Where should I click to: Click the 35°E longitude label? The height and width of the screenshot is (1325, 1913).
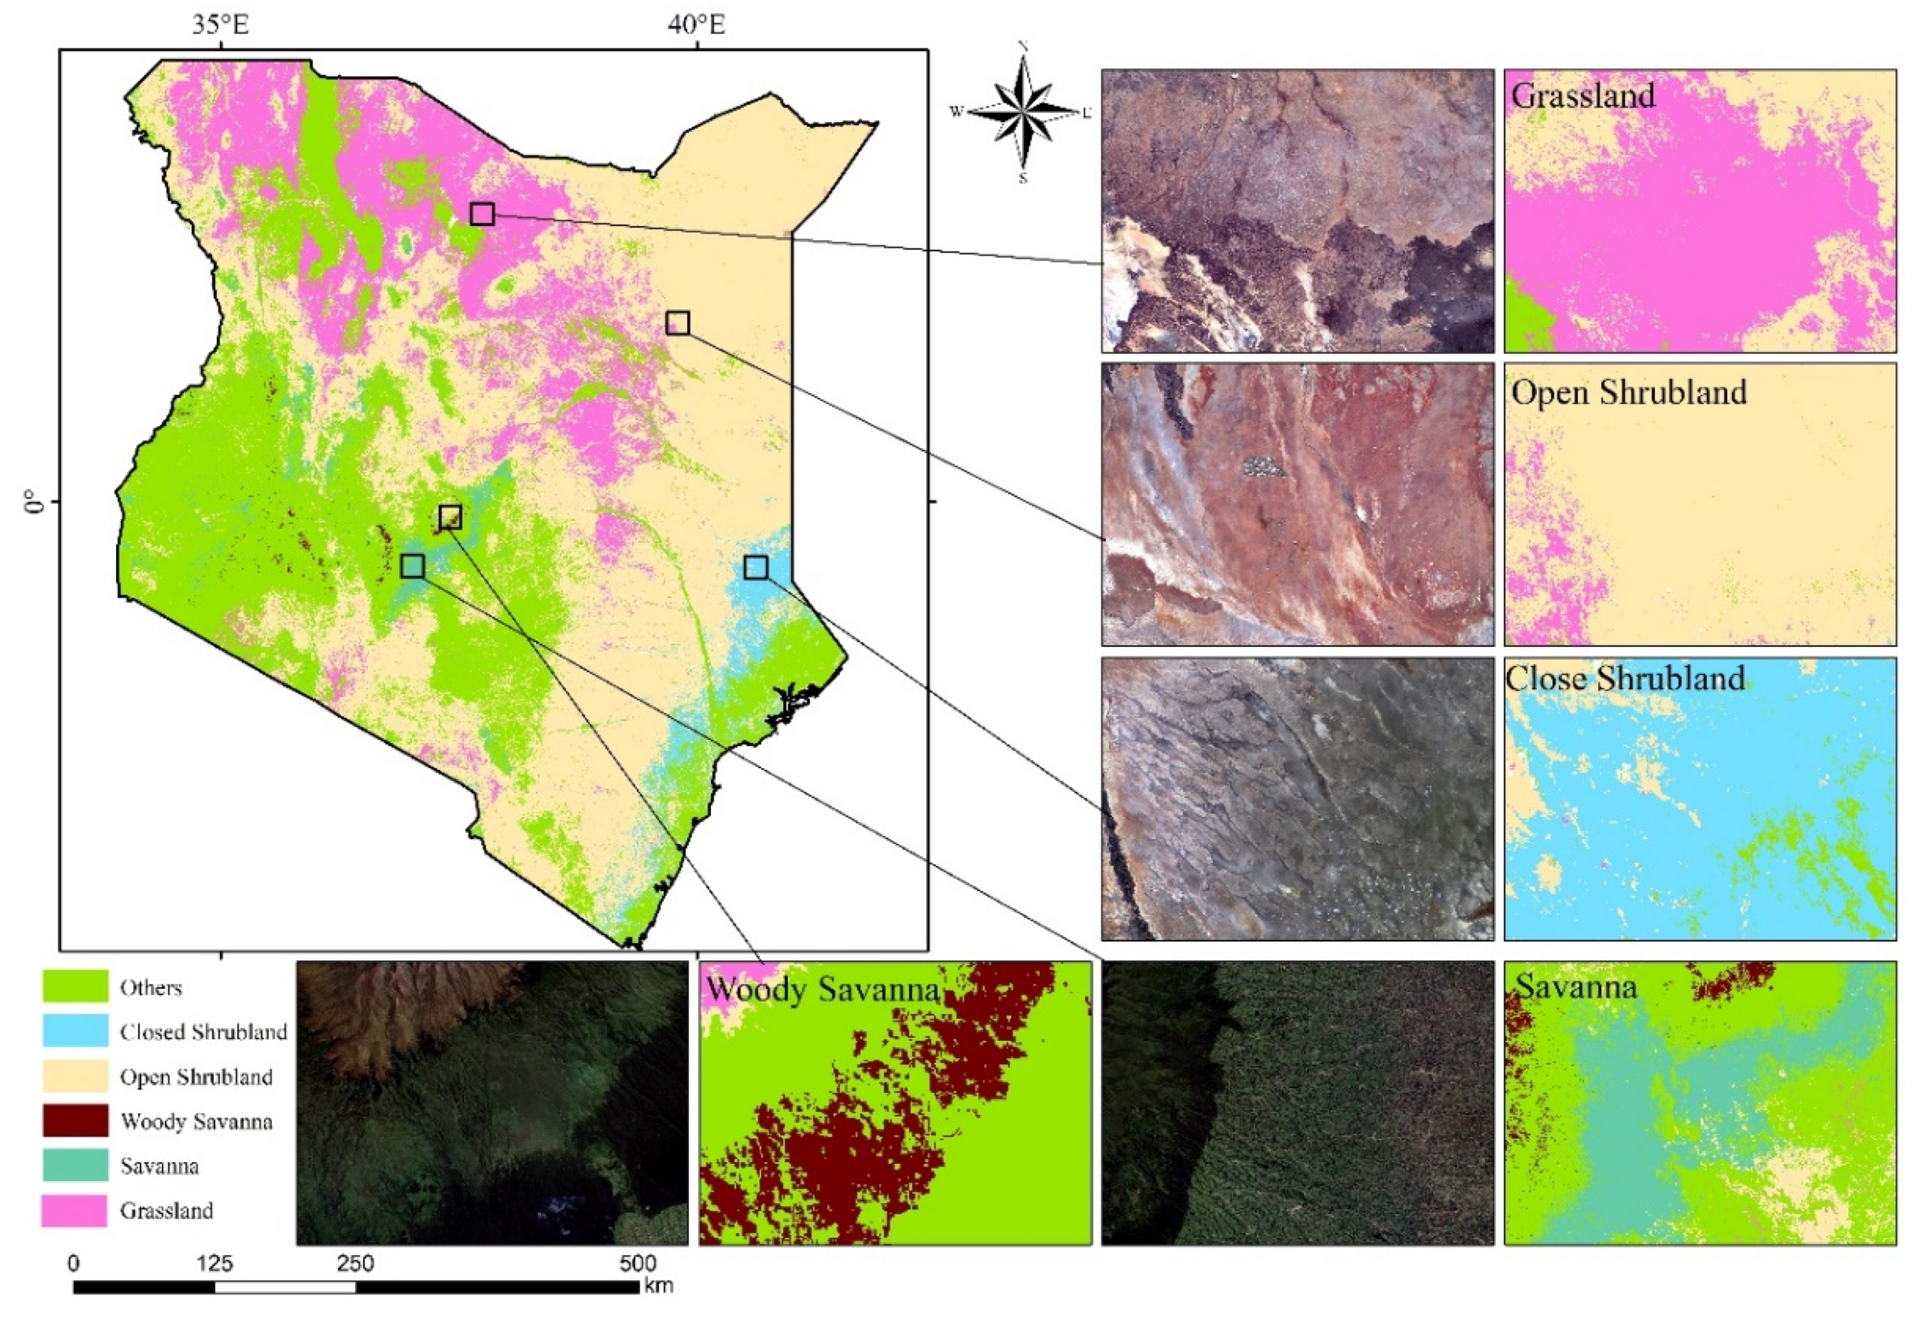221,24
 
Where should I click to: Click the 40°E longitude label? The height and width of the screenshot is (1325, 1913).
696,24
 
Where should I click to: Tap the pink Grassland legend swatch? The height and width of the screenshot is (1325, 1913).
74,1210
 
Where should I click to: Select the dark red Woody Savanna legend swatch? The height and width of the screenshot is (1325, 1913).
74,1121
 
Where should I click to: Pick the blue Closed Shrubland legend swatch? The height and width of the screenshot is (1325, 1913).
74,1031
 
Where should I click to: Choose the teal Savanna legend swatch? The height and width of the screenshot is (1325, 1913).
74,1166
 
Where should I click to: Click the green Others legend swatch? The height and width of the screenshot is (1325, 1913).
74,986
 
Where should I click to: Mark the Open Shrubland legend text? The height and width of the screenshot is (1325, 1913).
196,1077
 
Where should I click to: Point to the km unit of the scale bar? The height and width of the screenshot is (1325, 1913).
658,1287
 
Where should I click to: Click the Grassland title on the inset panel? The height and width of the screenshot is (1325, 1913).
1583,96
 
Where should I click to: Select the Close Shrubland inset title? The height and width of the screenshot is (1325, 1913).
1625,678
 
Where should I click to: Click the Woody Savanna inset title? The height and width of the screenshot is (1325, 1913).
822,989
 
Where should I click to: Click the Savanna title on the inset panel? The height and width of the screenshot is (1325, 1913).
1576,986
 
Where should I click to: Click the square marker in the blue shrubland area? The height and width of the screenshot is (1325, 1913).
755,568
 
